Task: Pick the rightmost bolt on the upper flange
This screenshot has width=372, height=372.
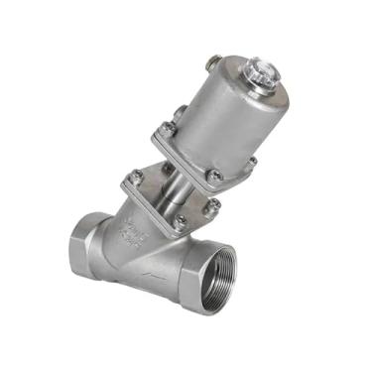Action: [252, 162]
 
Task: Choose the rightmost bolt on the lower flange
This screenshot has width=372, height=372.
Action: [212, 206]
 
